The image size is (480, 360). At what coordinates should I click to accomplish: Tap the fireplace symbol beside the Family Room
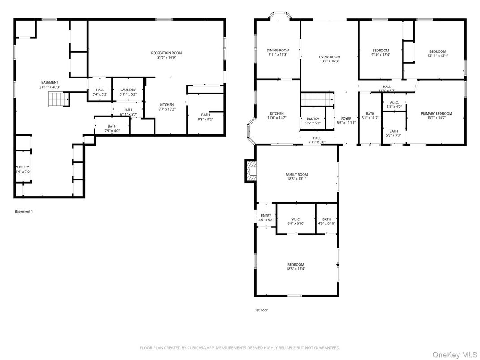click(x=251, y=171)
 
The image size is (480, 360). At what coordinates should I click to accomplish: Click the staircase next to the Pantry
click(x=317, y=99)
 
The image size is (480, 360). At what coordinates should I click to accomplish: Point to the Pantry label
click(x=313, y=119)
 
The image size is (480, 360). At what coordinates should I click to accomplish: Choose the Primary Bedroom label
click(x=437, y=114)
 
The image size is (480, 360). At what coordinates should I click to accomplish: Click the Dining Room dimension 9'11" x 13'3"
click(x=278, y=55)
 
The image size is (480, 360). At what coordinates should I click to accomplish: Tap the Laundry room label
click(x=128, y=90)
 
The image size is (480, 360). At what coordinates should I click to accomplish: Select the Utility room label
click(x=23, y=167)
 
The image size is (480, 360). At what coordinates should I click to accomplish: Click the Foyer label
click(x=346, y=119)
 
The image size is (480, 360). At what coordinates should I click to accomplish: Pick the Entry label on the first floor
click(x=266, y=215)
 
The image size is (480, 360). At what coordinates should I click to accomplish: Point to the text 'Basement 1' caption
click(x=24, y=211)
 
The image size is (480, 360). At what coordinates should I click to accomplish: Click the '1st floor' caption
click(x=261, y=310)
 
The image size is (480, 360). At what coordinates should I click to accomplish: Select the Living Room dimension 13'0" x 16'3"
click(x=330, y=61)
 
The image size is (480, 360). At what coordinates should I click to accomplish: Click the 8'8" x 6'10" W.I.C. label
click(x=296, y=223)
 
